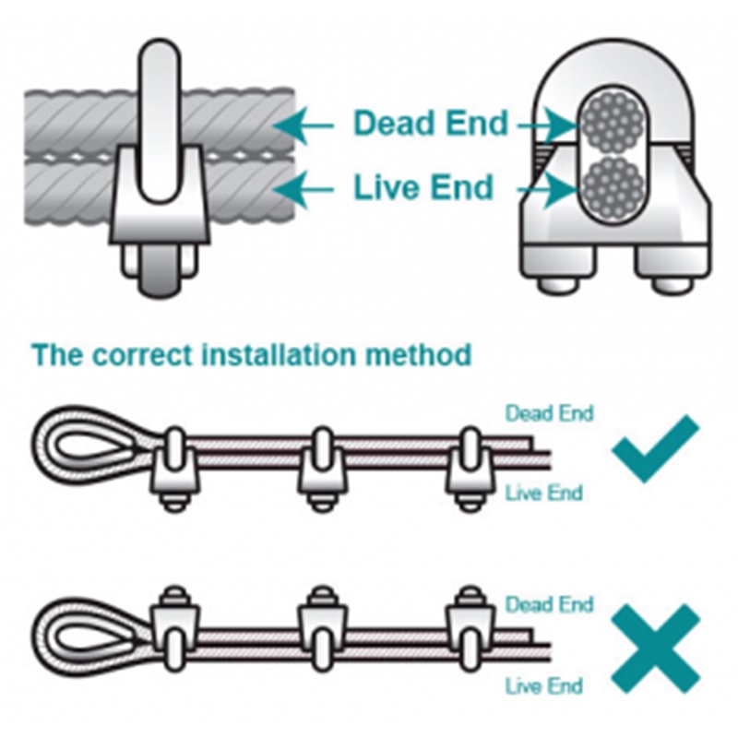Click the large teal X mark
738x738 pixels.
[656, 649]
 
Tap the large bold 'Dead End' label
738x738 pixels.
[431, 123]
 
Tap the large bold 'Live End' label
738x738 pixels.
[423, 187]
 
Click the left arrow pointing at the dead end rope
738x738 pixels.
[303, 125]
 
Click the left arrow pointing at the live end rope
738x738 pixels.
[303, 190]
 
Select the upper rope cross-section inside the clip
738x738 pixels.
[612, 122]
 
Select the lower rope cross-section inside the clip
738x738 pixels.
[612, 187]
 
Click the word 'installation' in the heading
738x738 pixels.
[279, 354]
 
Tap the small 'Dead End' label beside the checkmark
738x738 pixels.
[549, 413]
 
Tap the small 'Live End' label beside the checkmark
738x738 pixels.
[544, 493]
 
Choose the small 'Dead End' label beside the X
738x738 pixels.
[549, 604]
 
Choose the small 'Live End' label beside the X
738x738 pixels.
[544, 685]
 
